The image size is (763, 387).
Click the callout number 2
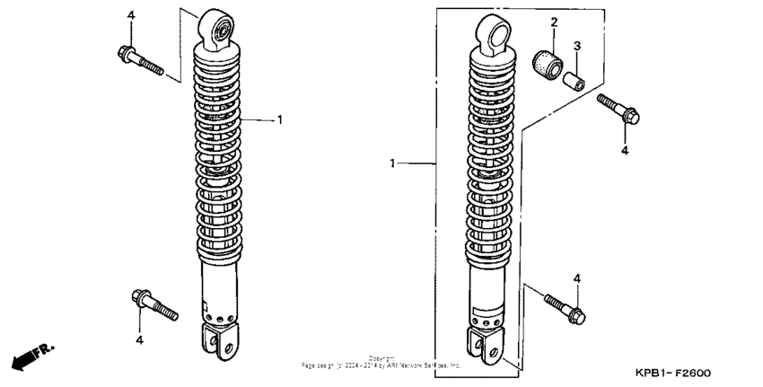tap(554, 22)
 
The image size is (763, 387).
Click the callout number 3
tap(577, 45)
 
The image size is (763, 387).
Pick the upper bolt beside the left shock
tap(139, 59)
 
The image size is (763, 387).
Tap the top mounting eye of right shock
tap(493, 31)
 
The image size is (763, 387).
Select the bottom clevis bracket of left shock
tap(220, 340)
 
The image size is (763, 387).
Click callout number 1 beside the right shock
tap(392, 163)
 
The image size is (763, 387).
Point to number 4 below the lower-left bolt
tap(139, 339)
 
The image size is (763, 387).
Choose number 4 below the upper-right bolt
tap(625, 150)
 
